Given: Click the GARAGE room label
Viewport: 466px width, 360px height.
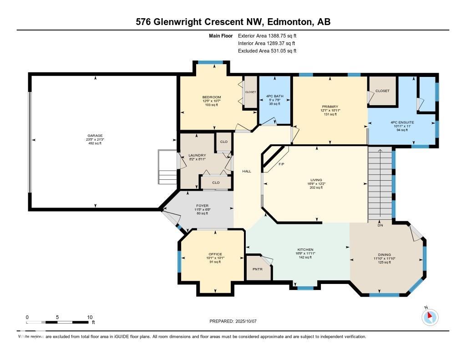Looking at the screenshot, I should (95, 136).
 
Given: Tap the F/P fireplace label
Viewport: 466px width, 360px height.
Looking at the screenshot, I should (281, 163).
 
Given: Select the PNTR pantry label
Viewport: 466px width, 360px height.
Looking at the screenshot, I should (258, 269).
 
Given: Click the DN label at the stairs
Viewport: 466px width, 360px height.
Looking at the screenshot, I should (380, 225).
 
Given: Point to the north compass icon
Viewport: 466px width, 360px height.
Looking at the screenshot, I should (430, 317).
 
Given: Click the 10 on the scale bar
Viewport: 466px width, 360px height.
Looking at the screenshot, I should (90, 317).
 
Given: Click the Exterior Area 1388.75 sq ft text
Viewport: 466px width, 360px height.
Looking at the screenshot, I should (267, 35).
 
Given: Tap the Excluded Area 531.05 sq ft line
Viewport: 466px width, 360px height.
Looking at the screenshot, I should (267, 51).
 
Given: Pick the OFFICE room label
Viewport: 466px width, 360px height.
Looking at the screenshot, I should (215, 254).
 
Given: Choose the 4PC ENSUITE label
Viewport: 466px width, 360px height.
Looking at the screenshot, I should (403, 122).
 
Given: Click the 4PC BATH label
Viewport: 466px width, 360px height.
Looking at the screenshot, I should (275, 96).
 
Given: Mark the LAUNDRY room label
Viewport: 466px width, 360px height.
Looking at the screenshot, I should (197, 155).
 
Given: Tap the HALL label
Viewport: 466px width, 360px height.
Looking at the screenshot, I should (247, 171).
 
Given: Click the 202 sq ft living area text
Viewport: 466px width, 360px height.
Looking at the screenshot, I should (316, 188).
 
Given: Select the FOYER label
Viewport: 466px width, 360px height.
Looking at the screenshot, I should (202, 206).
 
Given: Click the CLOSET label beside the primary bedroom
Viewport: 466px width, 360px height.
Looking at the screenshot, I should (382, 91).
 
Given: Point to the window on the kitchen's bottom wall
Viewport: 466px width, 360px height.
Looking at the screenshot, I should (305, 288).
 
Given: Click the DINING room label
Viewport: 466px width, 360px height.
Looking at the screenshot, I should (384, 254).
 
